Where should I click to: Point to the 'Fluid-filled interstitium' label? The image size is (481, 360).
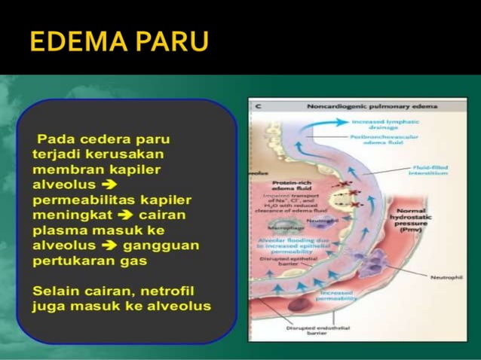(430, 169)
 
